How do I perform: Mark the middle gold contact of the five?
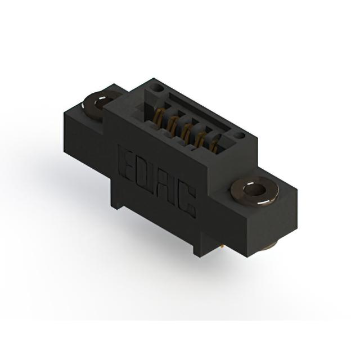click(x=186, y=132)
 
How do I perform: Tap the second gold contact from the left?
click(x=172, y=124)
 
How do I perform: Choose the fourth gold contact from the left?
click(x=200, y=140)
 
